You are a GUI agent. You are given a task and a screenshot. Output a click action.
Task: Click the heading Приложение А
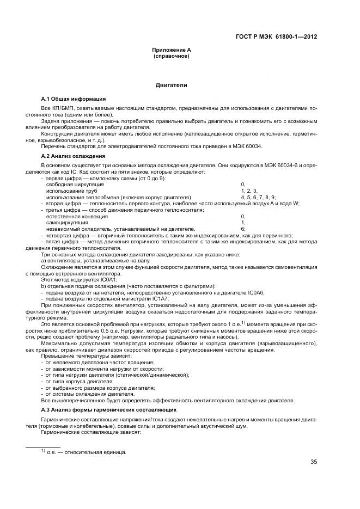click(x=171, y=50)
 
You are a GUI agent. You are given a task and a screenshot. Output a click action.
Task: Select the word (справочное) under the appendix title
click(x=171, y=56)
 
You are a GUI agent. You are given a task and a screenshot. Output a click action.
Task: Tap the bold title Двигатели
click(x=171, y=85)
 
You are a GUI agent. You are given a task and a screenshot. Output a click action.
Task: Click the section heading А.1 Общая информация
click(x=74, y=99)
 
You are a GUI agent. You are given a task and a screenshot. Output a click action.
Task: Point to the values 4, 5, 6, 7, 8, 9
click(x=258, y=197)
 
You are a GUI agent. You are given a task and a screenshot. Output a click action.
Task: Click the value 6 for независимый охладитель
click(x=243, y=229)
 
